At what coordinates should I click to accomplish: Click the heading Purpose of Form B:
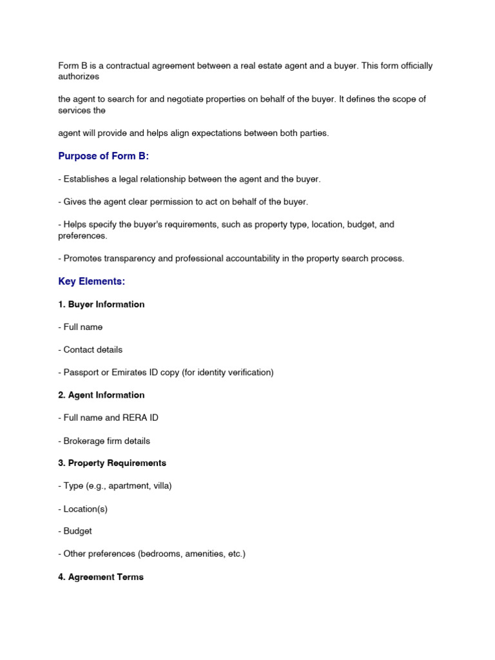(103, 157)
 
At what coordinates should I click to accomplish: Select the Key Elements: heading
(92, 282)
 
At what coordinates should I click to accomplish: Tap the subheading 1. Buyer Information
(101, 304)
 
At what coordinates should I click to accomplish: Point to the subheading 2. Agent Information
(101, 395)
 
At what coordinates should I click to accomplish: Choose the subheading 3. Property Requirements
(112, 463)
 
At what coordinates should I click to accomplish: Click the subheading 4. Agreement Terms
(101, 577)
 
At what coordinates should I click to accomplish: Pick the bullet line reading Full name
(81, 327)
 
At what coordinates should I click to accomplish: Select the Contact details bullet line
(90, 349)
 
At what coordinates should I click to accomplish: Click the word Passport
(81, 373)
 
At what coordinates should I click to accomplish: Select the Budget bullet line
(75, 531)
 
